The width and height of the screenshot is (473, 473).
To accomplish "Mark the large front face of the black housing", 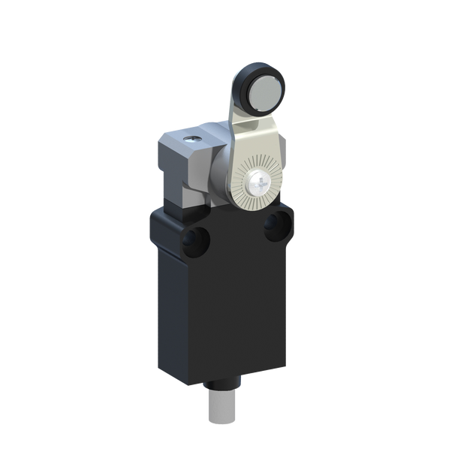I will (233, 308).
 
